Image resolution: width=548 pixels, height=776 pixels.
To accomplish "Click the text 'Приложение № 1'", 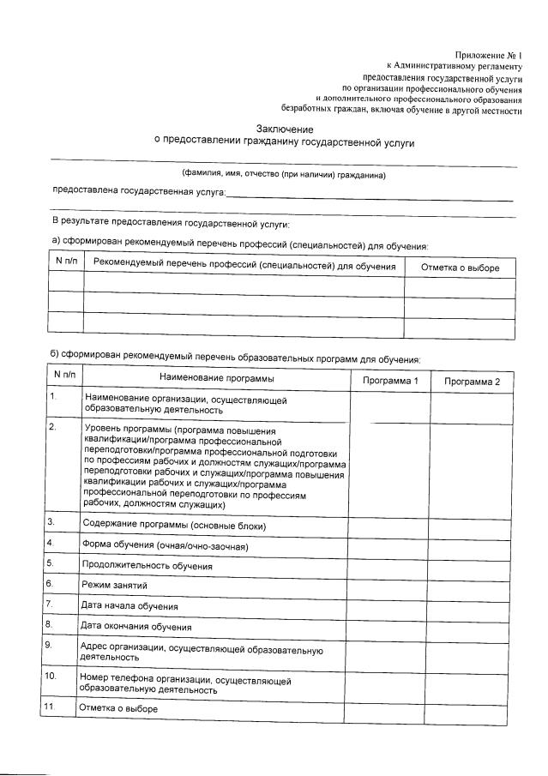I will pyautogui.click(x=488, y=54).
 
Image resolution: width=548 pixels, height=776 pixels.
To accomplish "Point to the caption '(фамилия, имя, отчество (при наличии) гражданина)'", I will pyautogui.click(x=283, y=175).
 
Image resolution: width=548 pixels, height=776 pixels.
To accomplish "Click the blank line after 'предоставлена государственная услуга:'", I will pyautogui.click(x=369, y=196).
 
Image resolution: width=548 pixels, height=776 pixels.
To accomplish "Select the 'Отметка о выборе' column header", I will pyautogui.click(x=460, y=268).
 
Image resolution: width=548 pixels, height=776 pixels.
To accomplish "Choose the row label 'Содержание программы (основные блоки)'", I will pyautogui.click(x=174, y=524).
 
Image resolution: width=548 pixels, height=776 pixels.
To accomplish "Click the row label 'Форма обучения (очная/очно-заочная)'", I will pyautogui.click(x=168, y=544).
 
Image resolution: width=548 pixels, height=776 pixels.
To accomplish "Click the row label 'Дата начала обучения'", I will pyautogui.click(x=130, y=605).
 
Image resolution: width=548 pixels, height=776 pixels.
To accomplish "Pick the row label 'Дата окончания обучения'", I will pyautogui.click(x=135, y=626).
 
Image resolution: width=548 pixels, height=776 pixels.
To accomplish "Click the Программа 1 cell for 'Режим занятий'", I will pyautogui.click(x=388, y=585).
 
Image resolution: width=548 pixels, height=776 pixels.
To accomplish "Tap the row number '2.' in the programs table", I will pyautogui.click(x=53, y=426).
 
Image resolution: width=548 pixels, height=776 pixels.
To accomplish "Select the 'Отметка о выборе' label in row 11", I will pyautogui.click(x=118, y=708).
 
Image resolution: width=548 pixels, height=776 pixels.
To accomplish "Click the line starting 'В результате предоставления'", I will pyautogui.click(x=170, y=223).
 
